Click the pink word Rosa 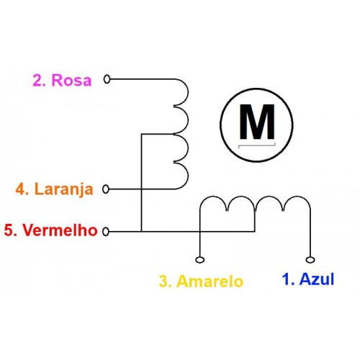coord(71,80)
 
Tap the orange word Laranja coord(64,189)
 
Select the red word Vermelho coord(60,230)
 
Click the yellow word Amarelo coord(210,281)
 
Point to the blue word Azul coord(317,279)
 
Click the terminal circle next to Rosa coord(107,79)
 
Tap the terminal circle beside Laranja coord(106,189)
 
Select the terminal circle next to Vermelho coord(106,232)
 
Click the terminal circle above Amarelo coord(200,260)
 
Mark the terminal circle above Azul coord(310,260)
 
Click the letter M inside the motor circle coord(257,122)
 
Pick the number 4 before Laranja coord(20,189)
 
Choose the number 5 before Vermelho coord(9,230)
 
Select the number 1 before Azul coord(287,279)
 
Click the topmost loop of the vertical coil coord(188,92)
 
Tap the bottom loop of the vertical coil coord(188,176)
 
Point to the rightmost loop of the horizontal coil coord(297,197)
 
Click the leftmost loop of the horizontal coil coord(214,197)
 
